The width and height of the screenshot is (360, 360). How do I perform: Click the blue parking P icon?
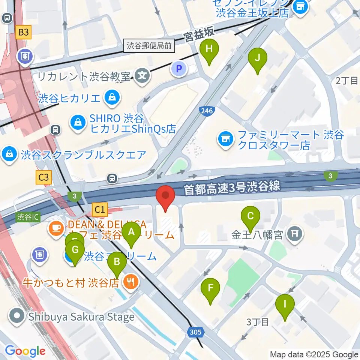(179, 68)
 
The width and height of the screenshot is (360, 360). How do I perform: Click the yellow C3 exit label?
(43, 177)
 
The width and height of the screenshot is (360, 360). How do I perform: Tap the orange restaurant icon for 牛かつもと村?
(131, 282)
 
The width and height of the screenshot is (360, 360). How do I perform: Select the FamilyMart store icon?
(225, 139)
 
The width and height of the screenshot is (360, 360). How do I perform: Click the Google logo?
(25, 351)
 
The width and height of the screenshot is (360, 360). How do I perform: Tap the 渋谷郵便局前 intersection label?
(149, 46)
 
